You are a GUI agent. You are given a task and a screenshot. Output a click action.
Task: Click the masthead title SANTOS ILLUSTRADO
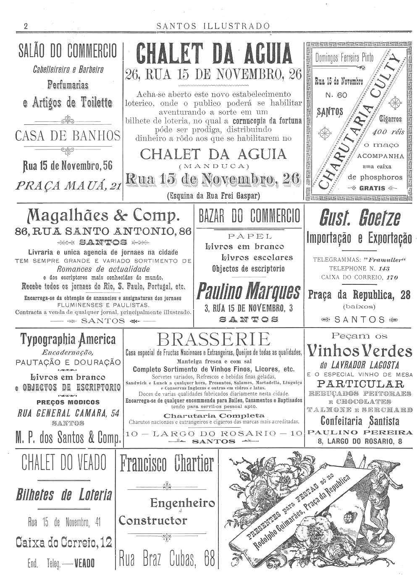point(213,26)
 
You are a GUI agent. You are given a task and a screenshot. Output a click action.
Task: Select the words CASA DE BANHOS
point(68,136)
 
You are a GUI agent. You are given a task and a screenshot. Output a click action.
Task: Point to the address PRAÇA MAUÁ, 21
point(68,186)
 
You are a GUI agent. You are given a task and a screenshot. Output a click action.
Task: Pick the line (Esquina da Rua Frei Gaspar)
point(213,195)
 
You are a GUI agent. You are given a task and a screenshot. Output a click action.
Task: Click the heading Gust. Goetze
point(360,218)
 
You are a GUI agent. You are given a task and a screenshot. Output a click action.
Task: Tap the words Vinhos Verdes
point(360,351)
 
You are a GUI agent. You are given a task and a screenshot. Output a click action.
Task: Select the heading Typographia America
point(68,339)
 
